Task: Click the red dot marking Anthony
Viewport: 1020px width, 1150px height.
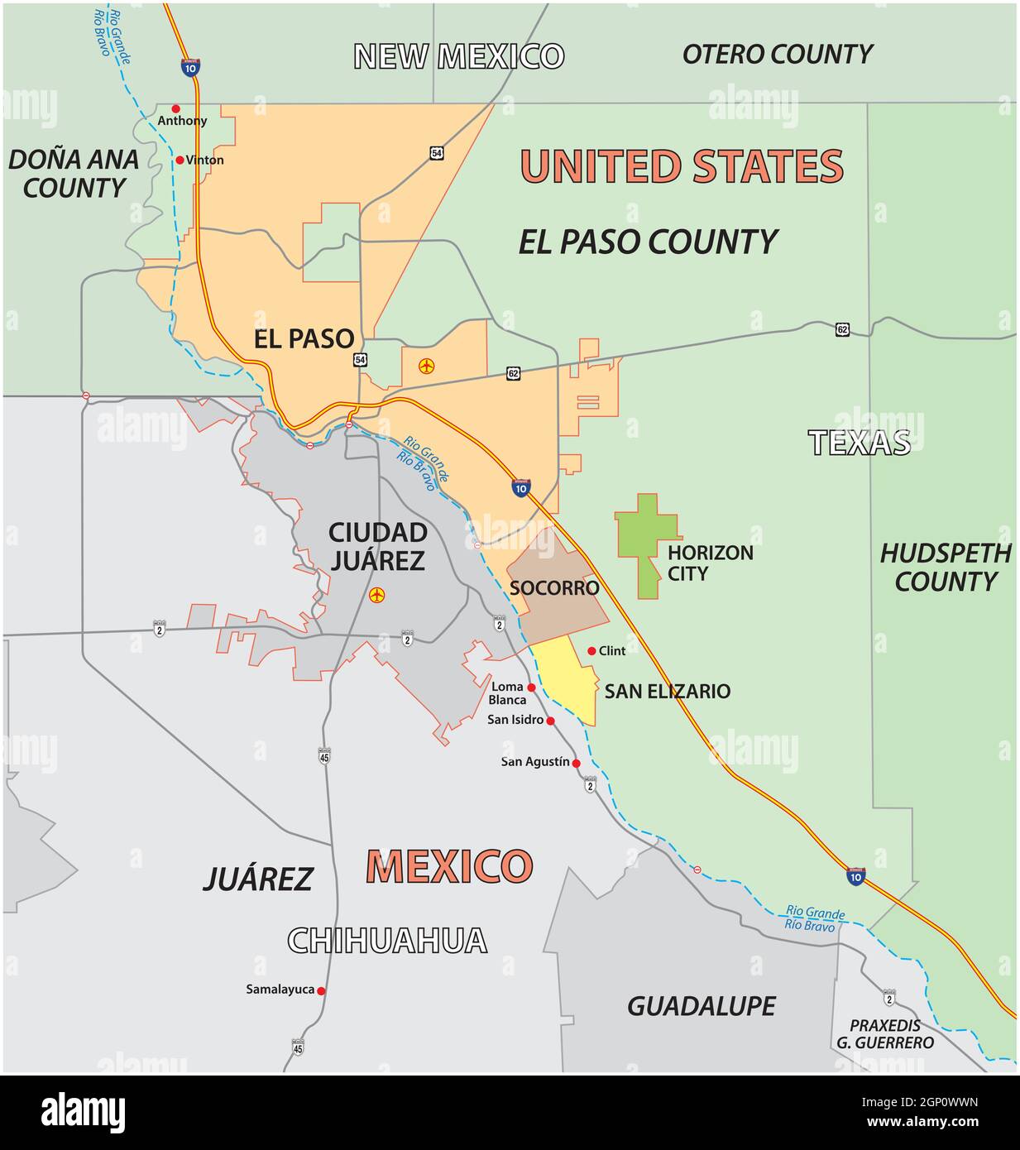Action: tap(175, 108)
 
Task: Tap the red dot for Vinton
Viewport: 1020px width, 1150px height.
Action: tap(180, 160)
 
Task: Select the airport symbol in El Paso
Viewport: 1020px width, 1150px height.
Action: tap(427, 365)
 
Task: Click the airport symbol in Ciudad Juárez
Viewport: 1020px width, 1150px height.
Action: tap(377, 595)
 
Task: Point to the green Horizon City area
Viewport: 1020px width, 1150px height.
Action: tap(647, 546)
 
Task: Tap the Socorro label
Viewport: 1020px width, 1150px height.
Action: tap(553, 588)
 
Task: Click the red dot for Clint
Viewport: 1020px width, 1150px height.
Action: tap(591, 651)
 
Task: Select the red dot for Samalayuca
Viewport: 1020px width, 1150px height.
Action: tap(321, 990)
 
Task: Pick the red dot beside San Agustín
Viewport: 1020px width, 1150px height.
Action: tap(577, 763)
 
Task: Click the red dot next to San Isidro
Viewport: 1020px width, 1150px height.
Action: tap(551, 721)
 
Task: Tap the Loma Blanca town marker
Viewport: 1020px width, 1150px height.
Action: tap(531, 688)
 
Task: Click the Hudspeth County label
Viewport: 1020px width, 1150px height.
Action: tap(946, 568)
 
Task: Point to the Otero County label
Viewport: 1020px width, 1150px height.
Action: tap(777, 55)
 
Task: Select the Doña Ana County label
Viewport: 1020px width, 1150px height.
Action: tap(73, 174)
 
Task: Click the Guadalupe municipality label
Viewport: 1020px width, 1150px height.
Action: tap(702, 1006)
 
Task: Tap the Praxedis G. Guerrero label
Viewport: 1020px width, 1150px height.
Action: tap(884, 1034)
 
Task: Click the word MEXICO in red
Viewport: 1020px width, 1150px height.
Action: tap(449, 866)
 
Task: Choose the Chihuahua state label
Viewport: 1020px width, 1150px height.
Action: tap(387, 941)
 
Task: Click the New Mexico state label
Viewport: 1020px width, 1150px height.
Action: tap(459, 56)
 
